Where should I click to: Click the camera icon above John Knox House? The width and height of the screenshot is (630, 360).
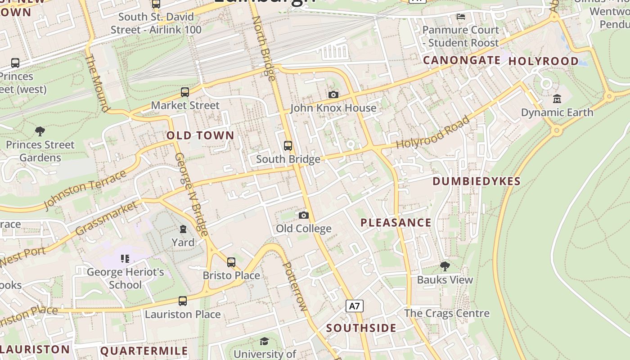coord(333,94)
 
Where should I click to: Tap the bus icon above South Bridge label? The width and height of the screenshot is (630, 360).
coord(288,146)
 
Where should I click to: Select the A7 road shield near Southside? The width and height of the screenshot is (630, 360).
coord(355,306)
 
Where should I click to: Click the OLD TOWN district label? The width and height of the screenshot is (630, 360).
coord(200,135)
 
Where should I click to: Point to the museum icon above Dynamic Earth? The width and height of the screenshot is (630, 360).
coord(557,99)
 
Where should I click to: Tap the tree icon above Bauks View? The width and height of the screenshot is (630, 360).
coord(445,266)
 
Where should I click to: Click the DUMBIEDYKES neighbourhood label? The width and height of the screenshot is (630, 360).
coord(477,181)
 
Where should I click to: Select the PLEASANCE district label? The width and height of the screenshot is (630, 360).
coord(396,223)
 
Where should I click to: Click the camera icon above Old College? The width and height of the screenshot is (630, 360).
coord(304,215)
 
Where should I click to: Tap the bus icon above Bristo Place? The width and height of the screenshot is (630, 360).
coord(231,262)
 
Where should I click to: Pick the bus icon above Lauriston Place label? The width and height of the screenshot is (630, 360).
coord(183,301)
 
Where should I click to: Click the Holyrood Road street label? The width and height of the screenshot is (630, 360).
coord(433,133)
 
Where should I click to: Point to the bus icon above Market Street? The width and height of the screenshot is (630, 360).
coord(185,92)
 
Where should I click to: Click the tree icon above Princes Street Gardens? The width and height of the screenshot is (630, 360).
coord(40,131)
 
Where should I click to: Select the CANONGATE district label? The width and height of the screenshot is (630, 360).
coord(462,60)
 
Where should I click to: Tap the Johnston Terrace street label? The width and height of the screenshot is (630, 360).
coord(85,190)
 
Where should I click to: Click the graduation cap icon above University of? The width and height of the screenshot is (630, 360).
coord(265,342)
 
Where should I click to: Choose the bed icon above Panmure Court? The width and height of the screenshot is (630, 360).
coord(461,17)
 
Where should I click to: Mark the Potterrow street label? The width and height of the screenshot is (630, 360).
coord(295,286)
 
